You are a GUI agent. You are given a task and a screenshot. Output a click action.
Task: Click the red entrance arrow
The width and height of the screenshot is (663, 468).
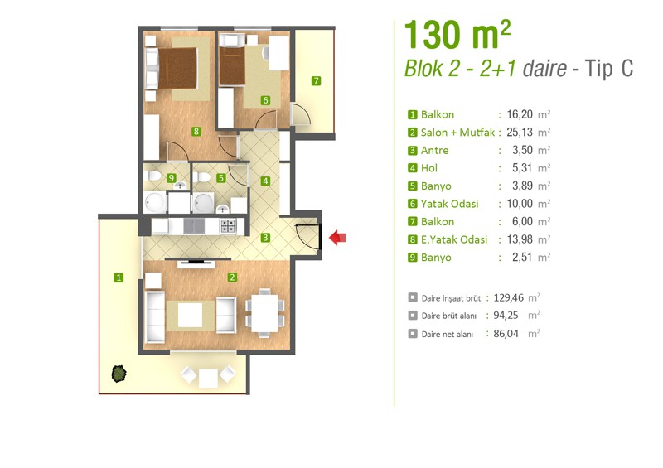[x=338, y=237]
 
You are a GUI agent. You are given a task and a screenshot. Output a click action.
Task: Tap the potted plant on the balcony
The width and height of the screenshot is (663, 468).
[x=119, y=374]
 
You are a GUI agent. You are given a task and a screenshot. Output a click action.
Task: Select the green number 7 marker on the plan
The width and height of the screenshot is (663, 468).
[x=316, y=80]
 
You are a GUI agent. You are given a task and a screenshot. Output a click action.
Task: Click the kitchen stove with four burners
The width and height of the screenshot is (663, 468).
[x=228, y=227]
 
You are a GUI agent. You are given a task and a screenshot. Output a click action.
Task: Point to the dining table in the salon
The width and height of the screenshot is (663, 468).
[x=264, y=313]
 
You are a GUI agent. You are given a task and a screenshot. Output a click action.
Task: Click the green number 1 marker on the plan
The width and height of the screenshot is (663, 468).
[x=119, y=277]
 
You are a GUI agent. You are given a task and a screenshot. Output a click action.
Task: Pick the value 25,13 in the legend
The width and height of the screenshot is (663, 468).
[x=520, y=133]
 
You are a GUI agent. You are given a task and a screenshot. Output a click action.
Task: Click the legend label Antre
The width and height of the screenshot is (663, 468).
[x=434, y=151]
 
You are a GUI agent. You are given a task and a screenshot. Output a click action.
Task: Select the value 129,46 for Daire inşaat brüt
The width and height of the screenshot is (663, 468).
[x=508, y=297]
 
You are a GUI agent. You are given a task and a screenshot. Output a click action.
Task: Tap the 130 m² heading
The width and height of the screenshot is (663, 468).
[x=457, y=35]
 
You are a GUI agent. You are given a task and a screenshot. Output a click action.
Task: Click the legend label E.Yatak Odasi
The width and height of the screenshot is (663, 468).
[x=454, y=239]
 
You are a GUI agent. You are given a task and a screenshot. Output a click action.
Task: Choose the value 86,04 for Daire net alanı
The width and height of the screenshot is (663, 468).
[x=506, y=334]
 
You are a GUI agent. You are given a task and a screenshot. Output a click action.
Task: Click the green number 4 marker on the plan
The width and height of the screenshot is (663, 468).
[x=265, y=181]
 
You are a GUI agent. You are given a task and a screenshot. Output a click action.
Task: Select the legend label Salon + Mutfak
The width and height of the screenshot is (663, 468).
[x=457, y=133]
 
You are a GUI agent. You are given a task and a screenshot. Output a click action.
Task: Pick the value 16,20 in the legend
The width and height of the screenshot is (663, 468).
[x=520, y=114]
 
